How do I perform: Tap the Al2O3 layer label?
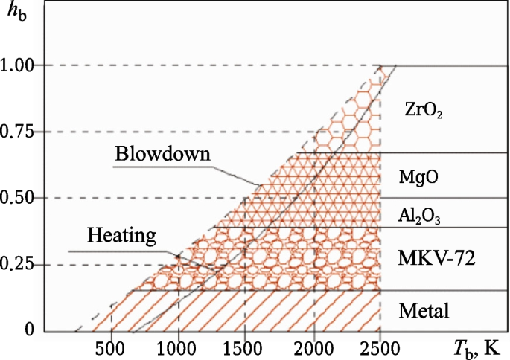[419, 215]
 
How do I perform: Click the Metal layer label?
[424, 310]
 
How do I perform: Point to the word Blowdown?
[163, 153]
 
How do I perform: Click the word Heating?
[121, 236]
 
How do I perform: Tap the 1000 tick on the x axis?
[178, 347]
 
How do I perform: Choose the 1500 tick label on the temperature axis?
[246, 347]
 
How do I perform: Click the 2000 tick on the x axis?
[313, 347]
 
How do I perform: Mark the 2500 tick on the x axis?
[380, 347]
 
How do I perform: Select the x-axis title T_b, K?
[478, 346]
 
